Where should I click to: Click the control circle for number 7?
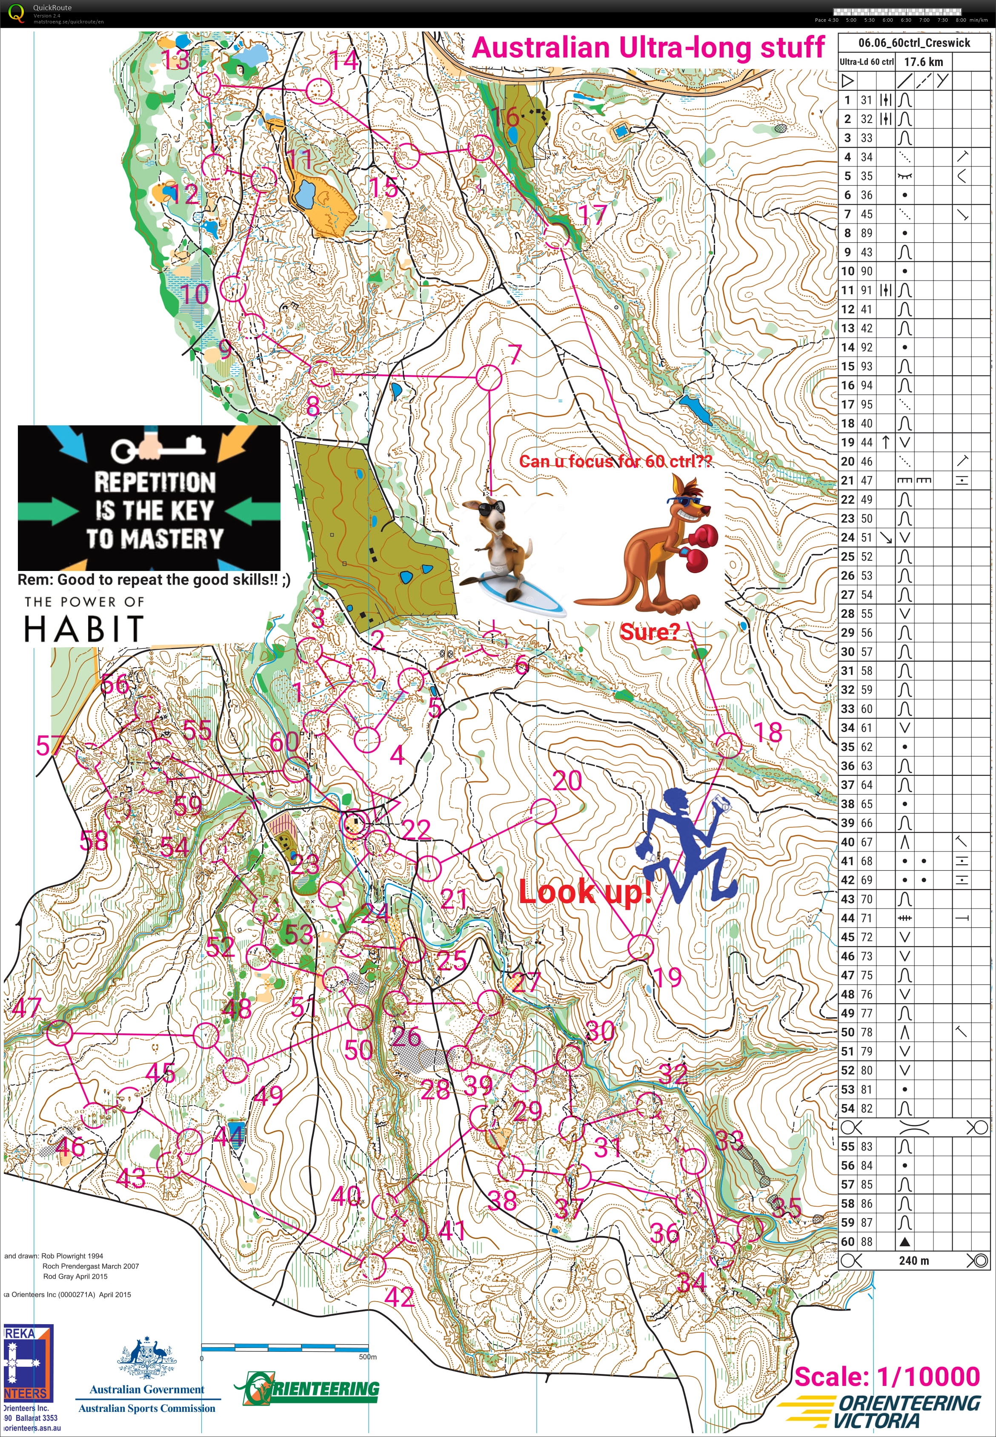tap(489, 377)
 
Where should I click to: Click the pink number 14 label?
tap(344, 60)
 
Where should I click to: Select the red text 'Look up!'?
tap(585, 892)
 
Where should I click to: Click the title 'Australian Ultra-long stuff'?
tap(648, 48)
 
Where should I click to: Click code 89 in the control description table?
tap(866, 233)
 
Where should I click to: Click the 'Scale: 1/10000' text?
tap(887, 1377)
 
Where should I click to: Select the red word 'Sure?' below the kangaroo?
tap(648, 632)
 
